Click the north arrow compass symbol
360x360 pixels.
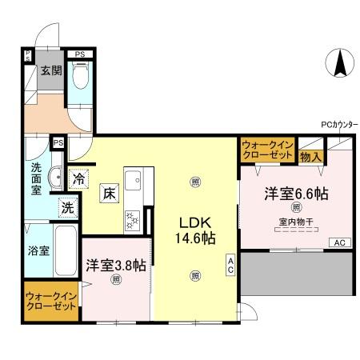click(x=339, y=63)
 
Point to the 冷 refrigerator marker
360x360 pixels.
click(x=78, y=179)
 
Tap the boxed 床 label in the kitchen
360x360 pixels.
click(x=108, y=193)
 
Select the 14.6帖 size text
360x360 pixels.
click(x=194, y=238)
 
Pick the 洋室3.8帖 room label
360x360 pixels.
click(x=116, y=265)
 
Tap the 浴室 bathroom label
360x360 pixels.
click(x=38, y=250)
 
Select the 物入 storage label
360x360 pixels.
click(x=310, y=156)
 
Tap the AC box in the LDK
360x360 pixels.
click(x=230, y=265)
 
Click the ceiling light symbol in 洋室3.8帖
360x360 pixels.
click(x=116, y=279)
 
